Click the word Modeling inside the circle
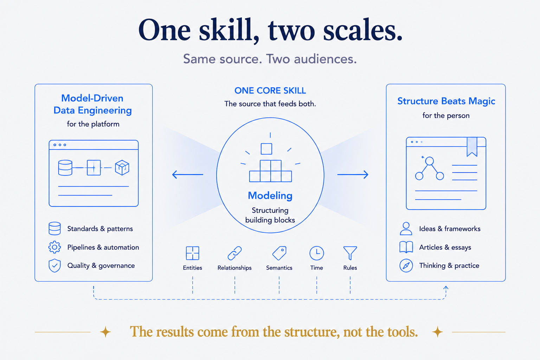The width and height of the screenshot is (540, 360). click(x=270, y=195)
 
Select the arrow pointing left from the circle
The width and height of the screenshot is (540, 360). click(x=187, y=174)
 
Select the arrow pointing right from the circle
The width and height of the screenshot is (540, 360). click(x=353, y=174)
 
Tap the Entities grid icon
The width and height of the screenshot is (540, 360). click(x=192, y=253)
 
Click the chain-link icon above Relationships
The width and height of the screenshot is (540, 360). click(x=234, y=253)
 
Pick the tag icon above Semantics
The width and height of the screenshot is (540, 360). click(x=279, y=253)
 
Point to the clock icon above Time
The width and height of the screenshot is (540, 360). click(x=316, y=253)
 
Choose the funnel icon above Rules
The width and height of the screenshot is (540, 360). click(x=350, y=253)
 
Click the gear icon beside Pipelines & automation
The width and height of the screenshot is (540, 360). click(x=54, y=247)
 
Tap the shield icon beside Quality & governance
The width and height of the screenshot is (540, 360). click(x=55, y=265)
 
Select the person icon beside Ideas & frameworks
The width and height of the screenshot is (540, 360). click(x=406, y=229)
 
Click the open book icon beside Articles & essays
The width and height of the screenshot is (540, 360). click(x=406, y=247)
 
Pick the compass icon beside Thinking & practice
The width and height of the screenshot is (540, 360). click(x=406, y=265)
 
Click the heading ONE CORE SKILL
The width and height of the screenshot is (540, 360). click(x=270, y=91)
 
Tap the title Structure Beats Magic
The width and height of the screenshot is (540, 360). click(x=446, y=101)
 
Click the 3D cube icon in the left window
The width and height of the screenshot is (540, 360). click(x=122, y=167)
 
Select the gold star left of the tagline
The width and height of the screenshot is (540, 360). click(x=105, y=332)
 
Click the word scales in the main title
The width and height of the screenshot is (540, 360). click(x=363, y=31)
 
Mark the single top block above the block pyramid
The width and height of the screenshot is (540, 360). click(x=266, y=149)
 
